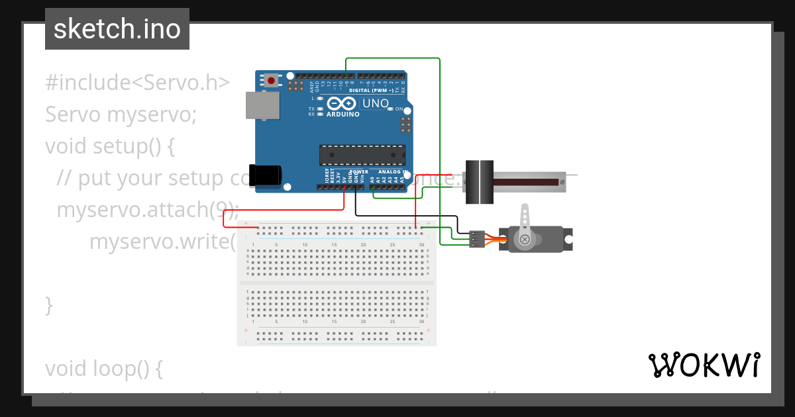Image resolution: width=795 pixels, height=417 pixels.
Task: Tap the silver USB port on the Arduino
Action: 262,105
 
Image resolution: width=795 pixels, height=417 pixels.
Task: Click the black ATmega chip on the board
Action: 362,155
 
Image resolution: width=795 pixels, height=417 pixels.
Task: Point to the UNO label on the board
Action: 375,103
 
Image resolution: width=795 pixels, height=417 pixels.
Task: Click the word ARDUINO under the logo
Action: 343,114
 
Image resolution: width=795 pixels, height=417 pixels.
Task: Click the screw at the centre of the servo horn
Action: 524,239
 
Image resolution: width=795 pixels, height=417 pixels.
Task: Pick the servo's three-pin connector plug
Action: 476,239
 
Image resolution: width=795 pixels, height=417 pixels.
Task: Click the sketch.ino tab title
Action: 117,29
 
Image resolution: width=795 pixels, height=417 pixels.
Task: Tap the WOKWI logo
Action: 704,365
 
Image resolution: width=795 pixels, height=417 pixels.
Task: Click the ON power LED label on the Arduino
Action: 399,109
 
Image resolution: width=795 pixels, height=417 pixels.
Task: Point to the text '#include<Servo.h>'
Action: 137,83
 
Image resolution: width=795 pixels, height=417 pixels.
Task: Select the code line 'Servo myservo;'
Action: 121,115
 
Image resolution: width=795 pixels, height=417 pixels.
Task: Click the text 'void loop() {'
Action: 103,369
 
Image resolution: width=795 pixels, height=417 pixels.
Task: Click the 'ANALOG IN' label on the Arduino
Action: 394,171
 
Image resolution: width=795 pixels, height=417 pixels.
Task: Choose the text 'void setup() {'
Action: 110,146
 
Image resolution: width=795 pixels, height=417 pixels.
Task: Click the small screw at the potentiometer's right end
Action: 562,181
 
